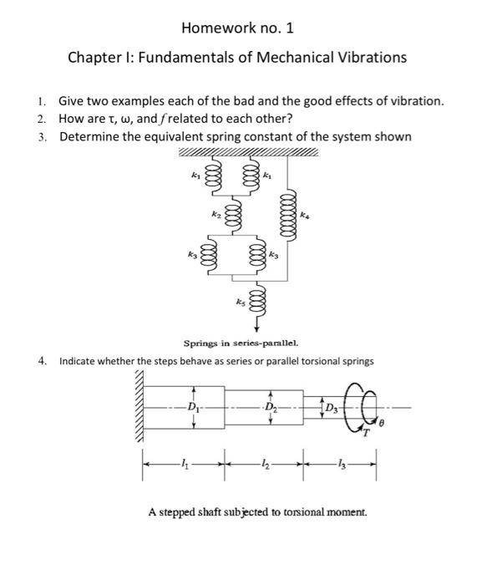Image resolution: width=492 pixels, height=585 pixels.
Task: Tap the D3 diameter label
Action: click(332, 408)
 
